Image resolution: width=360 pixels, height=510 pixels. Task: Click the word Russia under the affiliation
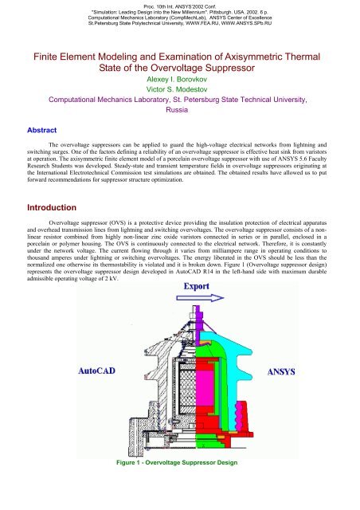pyautogui.click(x=179, y=114)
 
